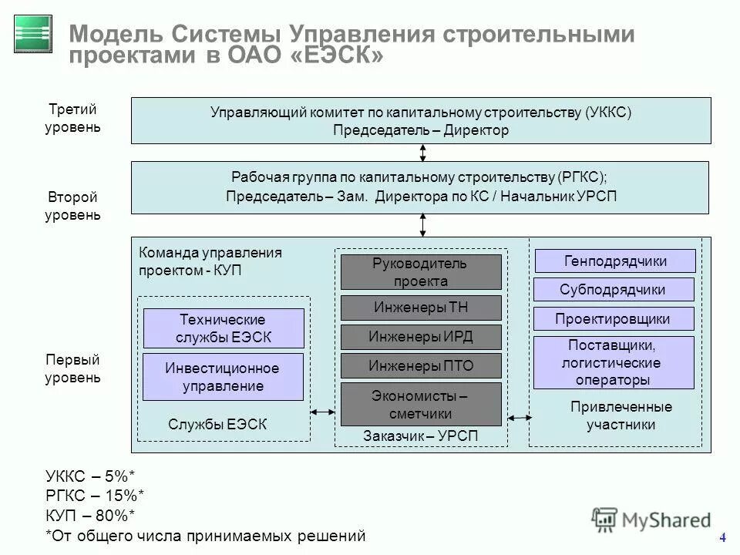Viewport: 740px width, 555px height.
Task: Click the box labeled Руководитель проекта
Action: [421, 272]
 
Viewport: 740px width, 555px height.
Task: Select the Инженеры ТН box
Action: [421, 308]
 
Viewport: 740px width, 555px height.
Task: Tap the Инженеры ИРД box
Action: [421, 337]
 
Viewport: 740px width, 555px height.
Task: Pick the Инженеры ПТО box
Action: [421, 365]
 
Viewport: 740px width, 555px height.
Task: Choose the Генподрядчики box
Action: [615, 261]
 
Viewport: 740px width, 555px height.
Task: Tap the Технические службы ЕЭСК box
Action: [224, 328]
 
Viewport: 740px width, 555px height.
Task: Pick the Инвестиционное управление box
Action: [224, 377]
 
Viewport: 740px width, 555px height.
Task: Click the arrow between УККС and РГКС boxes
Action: [423, 153]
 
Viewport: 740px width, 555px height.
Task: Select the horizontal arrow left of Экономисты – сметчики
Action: [322, 412]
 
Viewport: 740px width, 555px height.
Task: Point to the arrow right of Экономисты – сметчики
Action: [520, 418]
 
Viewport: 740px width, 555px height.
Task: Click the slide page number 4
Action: [722, 537]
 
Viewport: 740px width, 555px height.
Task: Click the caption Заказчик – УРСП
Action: [421, 436]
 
